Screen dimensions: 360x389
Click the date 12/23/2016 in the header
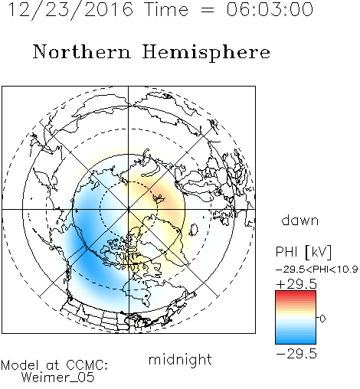[x=70, y=9]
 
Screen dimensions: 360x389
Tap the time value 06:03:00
[x=270, y=9]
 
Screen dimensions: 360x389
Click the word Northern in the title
[x=82, y=51]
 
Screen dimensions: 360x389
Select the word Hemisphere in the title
[x=206, y=53]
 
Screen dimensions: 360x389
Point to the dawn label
[x=300, y=220]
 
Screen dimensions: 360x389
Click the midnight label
[x=180, y=359]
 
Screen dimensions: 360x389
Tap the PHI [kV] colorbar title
[x=303, y=252]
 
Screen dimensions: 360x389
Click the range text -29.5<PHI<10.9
[x=316, y=270]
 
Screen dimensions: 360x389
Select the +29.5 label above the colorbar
[x=296, y=284]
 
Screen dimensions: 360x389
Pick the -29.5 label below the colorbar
[x=296, y=354]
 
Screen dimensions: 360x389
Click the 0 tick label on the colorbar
[x=322, y=319]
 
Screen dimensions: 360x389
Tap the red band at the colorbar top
[x=296, y=293]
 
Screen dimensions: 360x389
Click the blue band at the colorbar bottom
[x=296, y=341]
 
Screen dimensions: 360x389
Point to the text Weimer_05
[x=58, y=377]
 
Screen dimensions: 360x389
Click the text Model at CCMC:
[x=54, y=365]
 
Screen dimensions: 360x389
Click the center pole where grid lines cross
[x=129, y=210]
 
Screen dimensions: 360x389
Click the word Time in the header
[x=166, y=9]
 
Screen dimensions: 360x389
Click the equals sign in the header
[x=208, y=10]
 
